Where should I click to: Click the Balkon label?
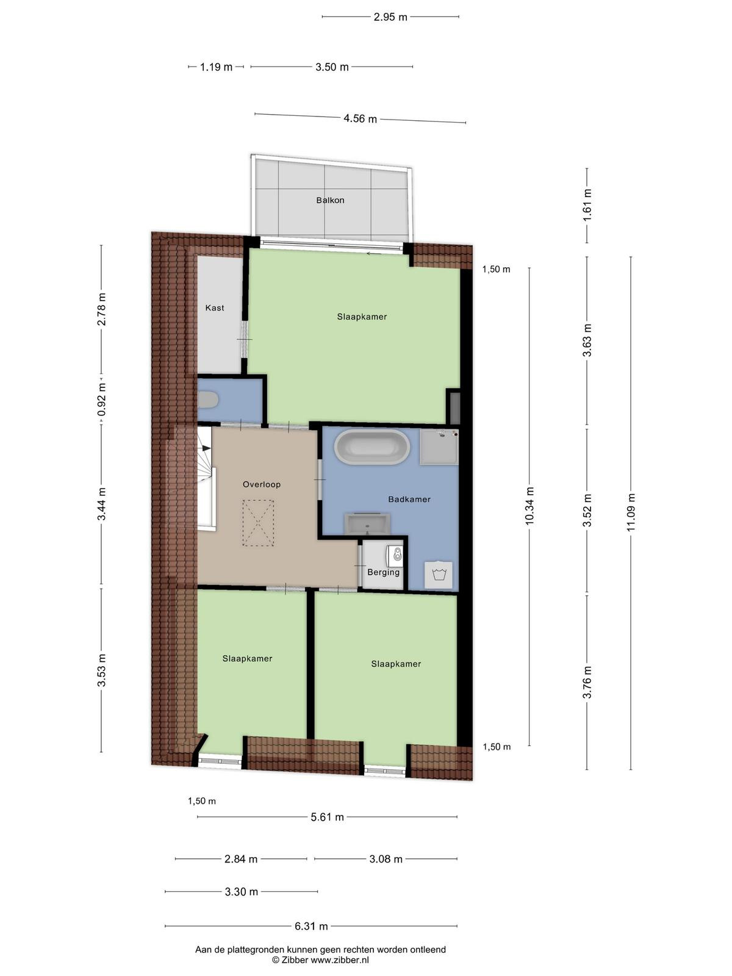330,200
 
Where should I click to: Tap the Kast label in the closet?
215,307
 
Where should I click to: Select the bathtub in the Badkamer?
366,447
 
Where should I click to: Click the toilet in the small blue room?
207,400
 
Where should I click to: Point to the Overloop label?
261,484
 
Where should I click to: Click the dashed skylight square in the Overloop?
258,523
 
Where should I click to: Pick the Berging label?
383,572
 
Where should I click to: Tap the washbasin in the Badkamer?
368,524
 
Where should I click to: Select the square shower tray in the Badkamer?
439,447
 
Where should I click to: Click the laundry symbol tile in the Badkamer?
439,575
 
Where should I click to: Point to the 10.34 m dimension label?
529,506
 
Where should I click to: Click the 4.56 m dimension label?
360,119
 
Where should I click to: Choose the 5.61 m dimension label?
327,817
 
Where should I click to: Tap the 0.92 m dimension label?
102,400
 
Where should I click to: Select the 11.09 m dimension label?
631,512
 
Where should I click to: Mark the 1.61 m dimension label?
587,205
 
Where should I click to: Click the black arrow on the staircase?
205,448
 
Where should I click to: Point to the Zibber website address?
339,960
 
